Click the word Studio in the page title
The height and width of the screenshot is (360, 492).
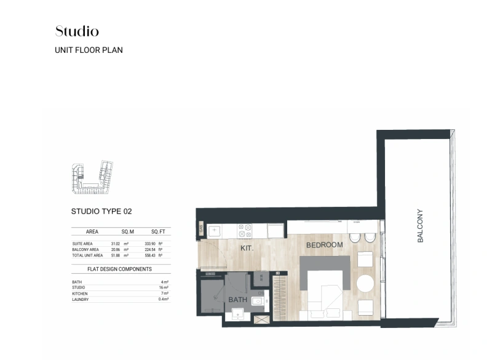(77, 31)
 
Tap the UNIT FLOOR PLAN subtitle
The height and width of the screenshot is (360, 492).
(89, 50)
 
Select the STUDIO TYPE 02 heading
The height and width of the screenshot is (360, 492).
(101, 211)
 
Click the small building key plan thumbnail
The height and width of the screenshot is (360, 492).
(91, 177)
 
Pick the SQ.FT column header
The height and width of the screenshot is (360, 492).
(159, 232)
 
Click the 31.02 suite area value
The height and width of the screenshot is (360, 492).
(115, 244)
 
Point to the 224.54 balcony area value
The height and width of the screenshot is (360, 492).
(151, 250)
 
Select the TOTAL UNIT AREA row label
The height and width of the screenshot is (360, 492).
(85, 255)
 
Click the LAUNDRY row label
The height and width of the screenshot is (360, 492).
(80, 300)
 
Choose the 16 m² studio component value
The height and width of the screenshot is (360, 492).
(163, 288)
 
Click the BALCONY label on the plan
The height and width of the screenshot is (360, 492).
(421, 226)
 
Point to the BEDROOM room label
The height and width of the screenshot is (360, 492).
(324, 245)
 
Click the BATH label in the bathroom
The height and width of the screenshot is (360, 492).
(237, 300)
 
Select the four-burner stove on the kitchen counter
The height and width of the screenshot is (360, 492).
(245, 230)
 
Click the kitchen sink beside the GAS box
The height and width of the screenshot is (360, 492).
(215, 231)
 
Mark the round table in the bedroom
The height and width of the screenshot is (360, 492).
(365, 284)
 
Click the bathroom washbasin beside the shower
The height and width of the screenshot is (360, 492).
(258, 301)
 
